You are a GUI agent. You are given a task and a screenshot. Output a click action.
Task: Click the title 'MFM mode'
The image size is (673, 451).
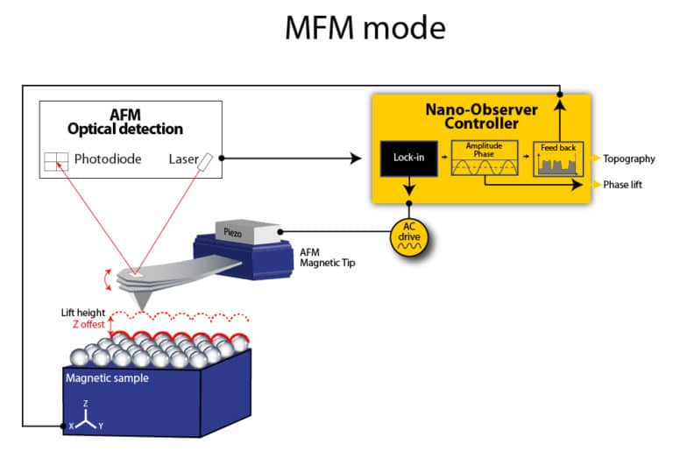click(x=365, y=28)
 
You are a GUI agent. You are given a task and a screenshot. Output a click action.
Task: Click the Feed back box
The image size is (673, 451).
click(x=558, y=159)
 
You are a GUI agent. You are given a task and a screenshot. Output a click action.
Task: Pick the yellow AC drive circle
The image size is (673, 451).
click(x=409, y=232)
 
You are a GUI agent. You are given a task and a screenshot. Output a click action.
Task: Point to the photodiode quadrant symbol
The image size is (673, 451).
click(x=56, y=160)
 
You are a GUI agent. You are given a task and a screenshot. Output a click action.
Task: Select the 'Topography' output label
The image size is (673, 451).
click(x=628, y=159)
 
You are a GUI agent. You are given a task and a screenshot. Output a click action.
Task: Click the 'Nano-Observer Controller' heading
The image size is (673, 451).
click(x=480, y=117)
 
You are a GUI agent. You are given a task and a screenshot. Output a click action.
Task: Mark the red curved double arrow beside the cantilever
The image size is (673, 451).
click(x=109, y=278)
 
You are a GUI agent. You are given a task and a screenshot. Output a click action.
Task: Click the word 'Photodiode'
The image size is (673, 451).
click(x=108, y=159)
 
